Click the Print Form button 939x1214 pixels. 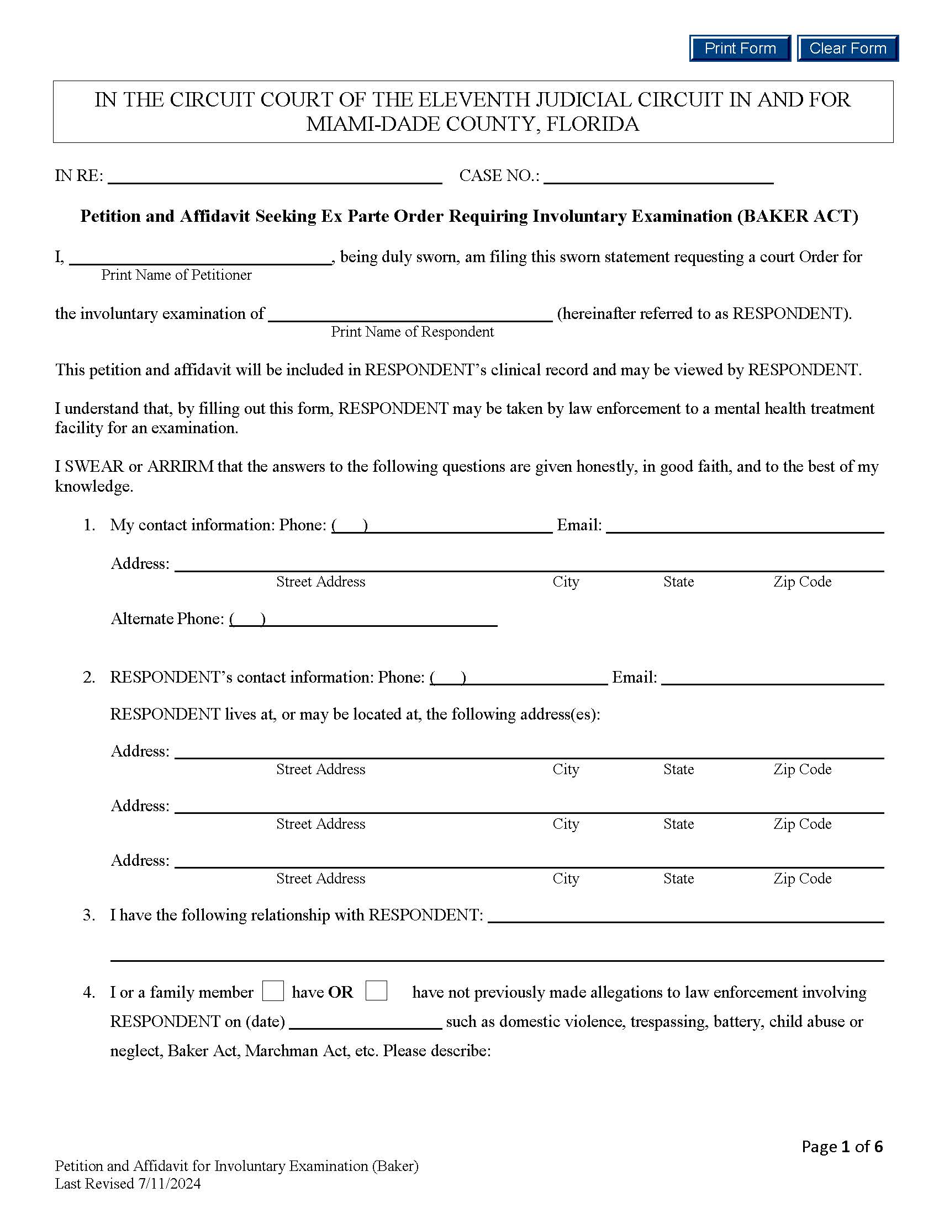[739, 49]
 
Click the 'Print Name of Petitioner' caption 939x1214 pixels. [176, 275]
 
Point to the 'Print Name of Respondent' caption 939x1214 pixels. [412, 332]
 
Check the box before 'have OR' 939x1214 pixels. [272, 991]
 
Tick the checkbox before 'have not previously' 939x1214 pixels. [376, 991]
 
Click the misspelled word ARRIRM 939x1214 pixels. [180, 466]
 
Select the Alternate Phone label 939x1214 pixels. [167, 619]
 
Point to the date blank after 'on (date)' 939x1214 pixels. [366, 1023]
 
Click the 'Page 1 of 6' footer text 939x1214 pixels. [842, 1146]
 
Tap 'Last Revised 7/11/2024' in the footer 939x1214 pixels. [128, 1184]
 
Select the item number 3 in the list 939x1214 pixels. [89, 915]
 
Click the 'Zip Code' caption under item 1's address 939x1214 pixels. [802, 582]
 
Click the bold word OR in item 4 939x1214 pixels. [340, 993]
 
